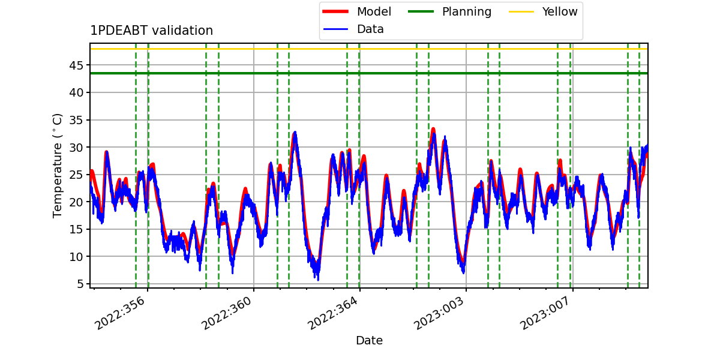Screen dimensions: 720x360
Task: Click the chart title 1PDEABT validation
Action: click(151, 31)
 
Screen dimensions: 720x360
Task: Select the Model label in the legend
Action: click(374, 11)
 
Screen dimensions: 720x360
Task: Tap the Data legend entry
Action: click(370, 29)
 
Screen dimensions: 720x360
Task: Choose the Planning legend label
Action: click(467, 11)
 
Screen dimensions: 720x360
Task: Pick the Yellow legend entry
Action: click(560, 11)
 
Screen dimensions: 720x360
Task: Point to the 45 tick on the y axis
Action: click(76, 65)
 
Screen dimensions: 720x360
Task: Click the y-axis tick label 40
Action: click(76, 93)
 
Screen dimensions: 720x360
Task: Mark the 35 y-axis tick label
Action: click(76, 120)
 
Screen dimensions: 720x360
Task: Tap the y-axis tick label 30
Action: click(76, 148)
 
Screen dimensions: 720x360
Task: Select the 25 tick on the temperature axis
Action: click(76, 175)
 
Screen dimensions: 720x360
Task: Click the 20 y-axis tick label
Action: click(76, 202)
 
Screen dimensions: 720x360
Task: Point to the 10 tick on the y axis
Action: click(76, 257)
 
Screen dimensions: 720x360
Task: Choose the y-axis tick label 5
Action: click(80, 284)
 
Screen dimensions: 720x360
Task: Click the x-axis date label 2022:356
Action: click(119, 313)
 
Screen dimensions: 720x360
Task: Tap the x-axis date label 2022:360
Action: click(226, 313)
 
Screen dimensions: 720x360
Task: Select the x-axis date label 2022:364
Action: click(332, 313)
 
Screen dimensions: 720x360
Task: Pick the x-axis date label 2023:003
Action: click(439, 313)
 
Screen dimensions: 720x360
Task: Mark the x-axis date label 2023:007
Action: click(545, 313)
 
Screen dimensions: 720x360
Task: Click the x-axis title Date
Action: click(370, 341)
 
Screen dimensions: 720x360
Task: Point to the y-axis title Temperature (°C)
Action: click(57, 166)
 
